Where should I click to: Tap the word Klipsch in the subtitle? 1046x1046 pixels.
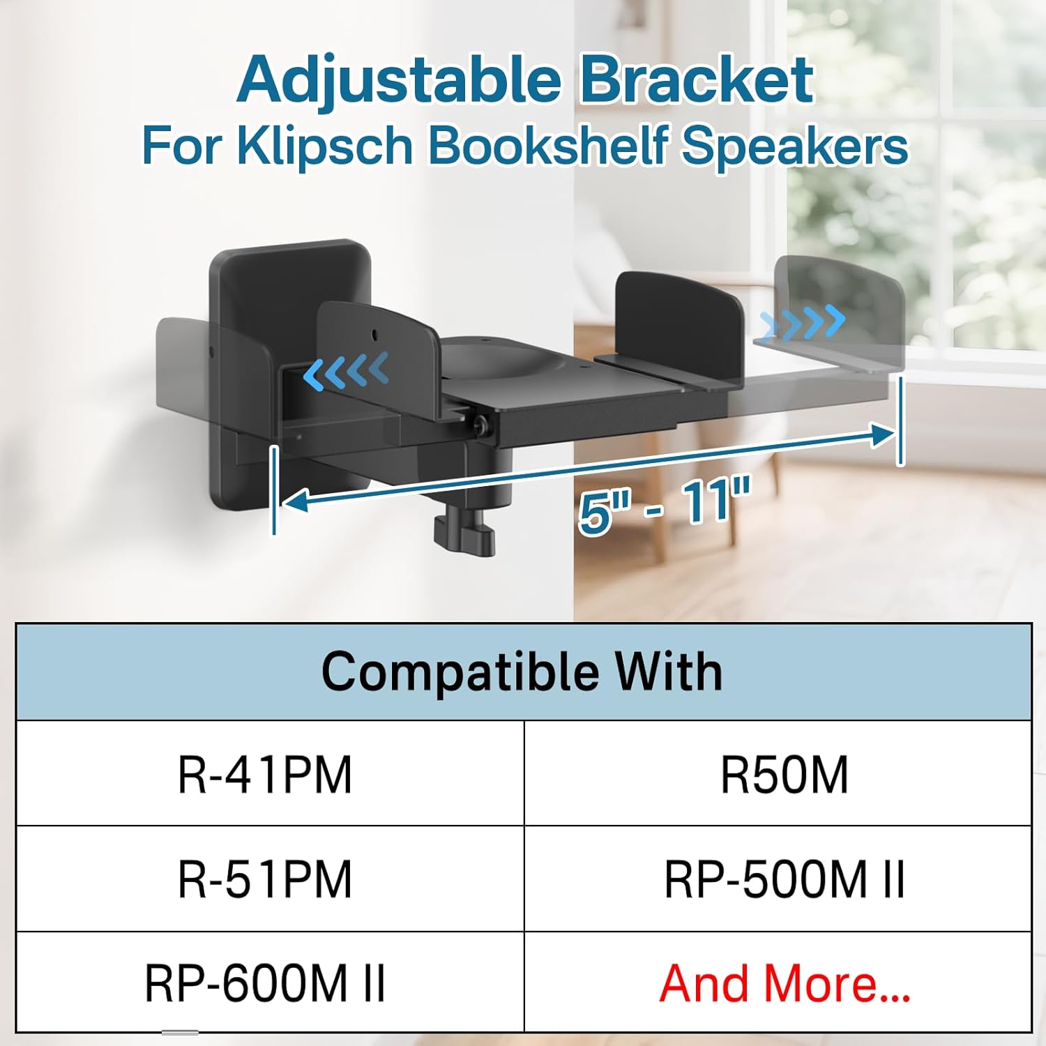point(325,146)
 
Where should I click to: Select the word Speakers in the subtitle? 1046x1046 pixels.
point(795,146)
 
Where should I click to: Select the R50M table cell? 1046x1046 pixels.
point(784,775)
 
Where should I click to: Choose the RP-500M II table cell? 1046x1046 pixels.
point(784,879)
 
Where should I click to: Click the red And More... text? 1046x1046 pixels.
point(784,983)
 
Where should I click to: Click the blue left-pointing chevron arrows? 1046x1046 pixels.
point(346,372)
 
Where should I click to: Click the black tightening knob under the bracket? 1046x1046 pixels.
point(464,534)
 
